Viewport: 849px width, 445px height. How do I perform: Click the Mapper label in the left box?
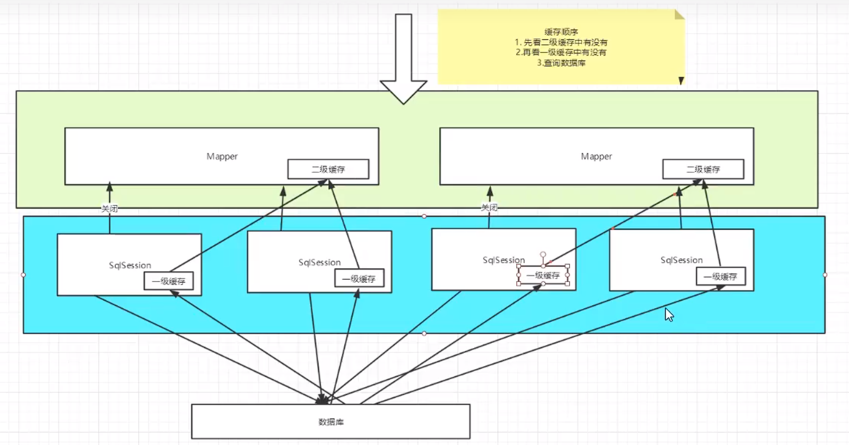[222, 156]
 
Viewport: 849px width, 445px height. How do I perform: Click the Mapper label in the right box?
[596, 156]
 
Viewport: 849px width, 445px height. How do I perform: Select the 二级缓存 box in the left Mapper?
[328, 169]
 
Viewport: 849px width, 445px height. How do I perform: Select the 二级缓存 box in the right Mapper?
[703, 169]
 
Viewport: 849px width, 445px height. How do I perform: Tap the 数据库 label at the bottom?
[331, 422]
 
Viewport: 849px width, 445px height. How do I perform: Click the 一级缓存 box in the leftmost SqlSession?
[168, 281]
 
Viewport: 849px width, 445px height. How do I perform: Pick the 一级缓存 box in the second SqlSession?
[358, 279]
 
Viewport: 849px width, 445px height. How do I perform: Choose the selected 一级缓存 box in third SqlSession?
[543, 275]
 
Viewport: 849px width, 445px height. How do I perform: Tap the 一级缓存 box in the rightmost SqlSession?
[720, 277]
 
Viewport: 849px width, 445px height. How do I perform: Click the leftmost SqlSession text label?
[130, 265]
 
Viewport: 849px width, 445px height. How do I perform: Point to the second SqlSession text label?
[320, 262]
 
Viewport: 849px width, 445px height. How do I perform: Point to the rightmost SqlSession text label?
[681, 260]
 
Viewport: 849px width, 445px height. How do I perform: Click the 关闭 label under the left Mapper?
[109, 209]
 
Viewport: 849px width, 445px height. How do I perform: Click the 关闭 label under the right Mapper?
[489, 207]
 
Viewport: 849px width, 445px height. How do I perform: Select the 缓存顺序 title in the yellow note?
[561, 32]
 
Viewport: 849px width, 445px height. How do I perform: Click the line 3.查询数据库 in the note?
[561, 63]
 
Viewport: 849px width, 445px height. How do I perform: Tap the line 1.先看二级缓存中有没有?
[561, 42]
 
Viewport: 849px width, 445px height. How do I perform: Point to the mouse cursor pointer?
[668, 314]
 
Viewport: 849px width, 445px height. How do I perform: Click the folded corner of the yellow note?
[679, 14]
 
